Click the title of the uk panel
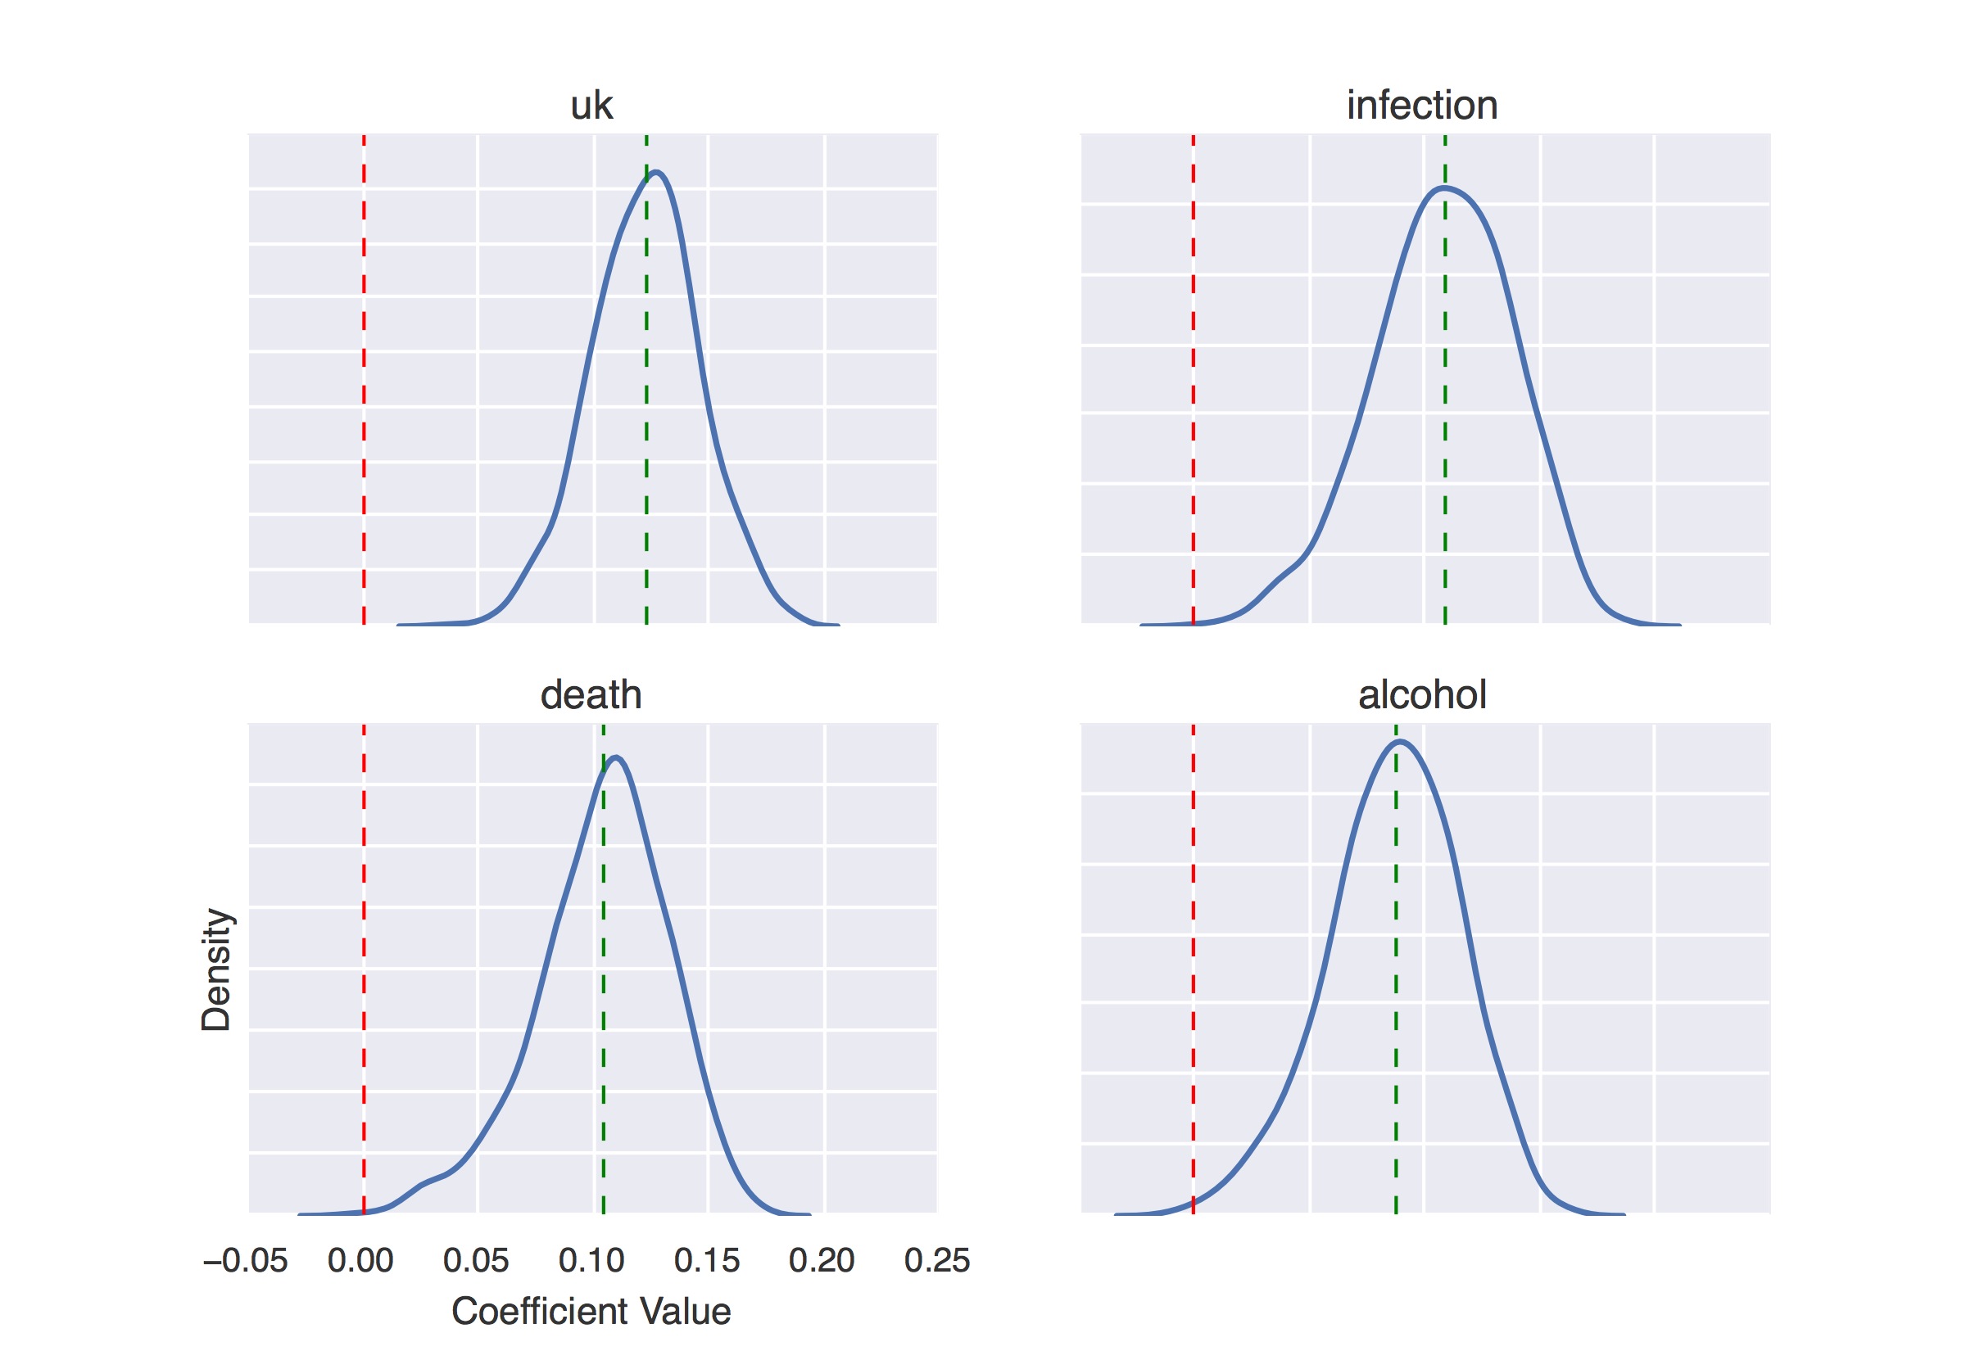(x=591, y=106)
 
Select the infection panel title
(x=1421, y=106)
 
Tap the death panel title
(x=591, y=695)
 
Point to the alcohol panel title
(x=1421, y=695)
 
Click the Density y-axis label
(x=216, y=970)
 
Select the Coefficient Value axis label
(x=591, y=1311)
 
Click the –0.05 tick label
(x=246, y=1260)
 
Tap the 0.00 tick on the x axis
(x=360, y=1260)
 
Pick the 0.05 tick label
(x=476, y=1260)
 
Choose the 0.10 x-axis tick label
(x=591, y=1260)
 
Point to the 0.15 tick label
(x=707, y=1260)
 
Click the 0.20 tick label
(x=822, y=1260)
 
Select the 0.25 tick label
(x=936, y=1260)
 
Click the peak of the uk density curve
(x=657, y=173)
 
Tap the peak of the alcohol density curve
(x=1402, y=743)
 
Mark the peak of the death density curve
(x=616, y=757)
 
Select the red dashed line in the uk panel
(x=364, y=381)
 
